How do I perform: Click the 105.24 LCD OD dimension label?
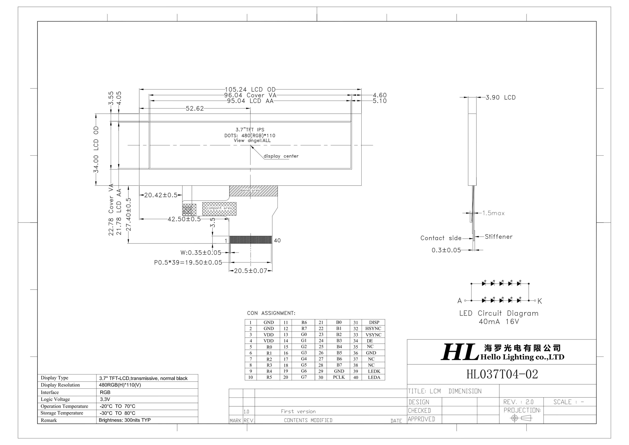coord(250,89)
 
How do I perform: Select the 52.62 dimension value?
coord(195,108)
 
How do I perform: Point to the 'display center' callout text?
coord(281,156)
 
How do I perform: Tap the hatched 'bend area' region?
coord(253,191)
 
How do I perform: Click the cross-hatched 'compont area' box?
coord(219,209)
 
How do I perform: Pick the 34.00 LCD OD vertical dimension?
coord(96,149)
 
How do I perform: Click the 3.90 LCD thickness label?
coord(500,97)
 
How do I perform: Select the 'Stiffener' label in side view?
coord(498,237)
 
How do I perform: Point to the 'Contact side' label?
coord(441,238)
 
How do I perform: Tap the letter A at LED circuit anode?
coord(460,301)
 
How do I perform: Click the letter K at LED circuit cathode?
coord(540,301)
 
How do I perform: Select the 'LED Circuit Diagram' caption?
coord(499,313)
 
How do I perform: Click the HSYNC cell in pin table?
coord(373,328)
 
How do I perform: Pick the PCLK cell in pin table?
coord(339,377)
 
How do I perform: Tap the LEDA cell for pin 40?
coord(374,377)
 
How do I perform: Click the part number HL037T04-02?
coord(502,374)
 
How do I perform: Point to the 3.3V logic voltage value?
coord(105,399)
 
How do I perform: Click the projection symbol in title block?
coord(521,418)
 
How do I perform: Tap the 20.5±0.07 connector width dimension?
coord(250,271)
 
